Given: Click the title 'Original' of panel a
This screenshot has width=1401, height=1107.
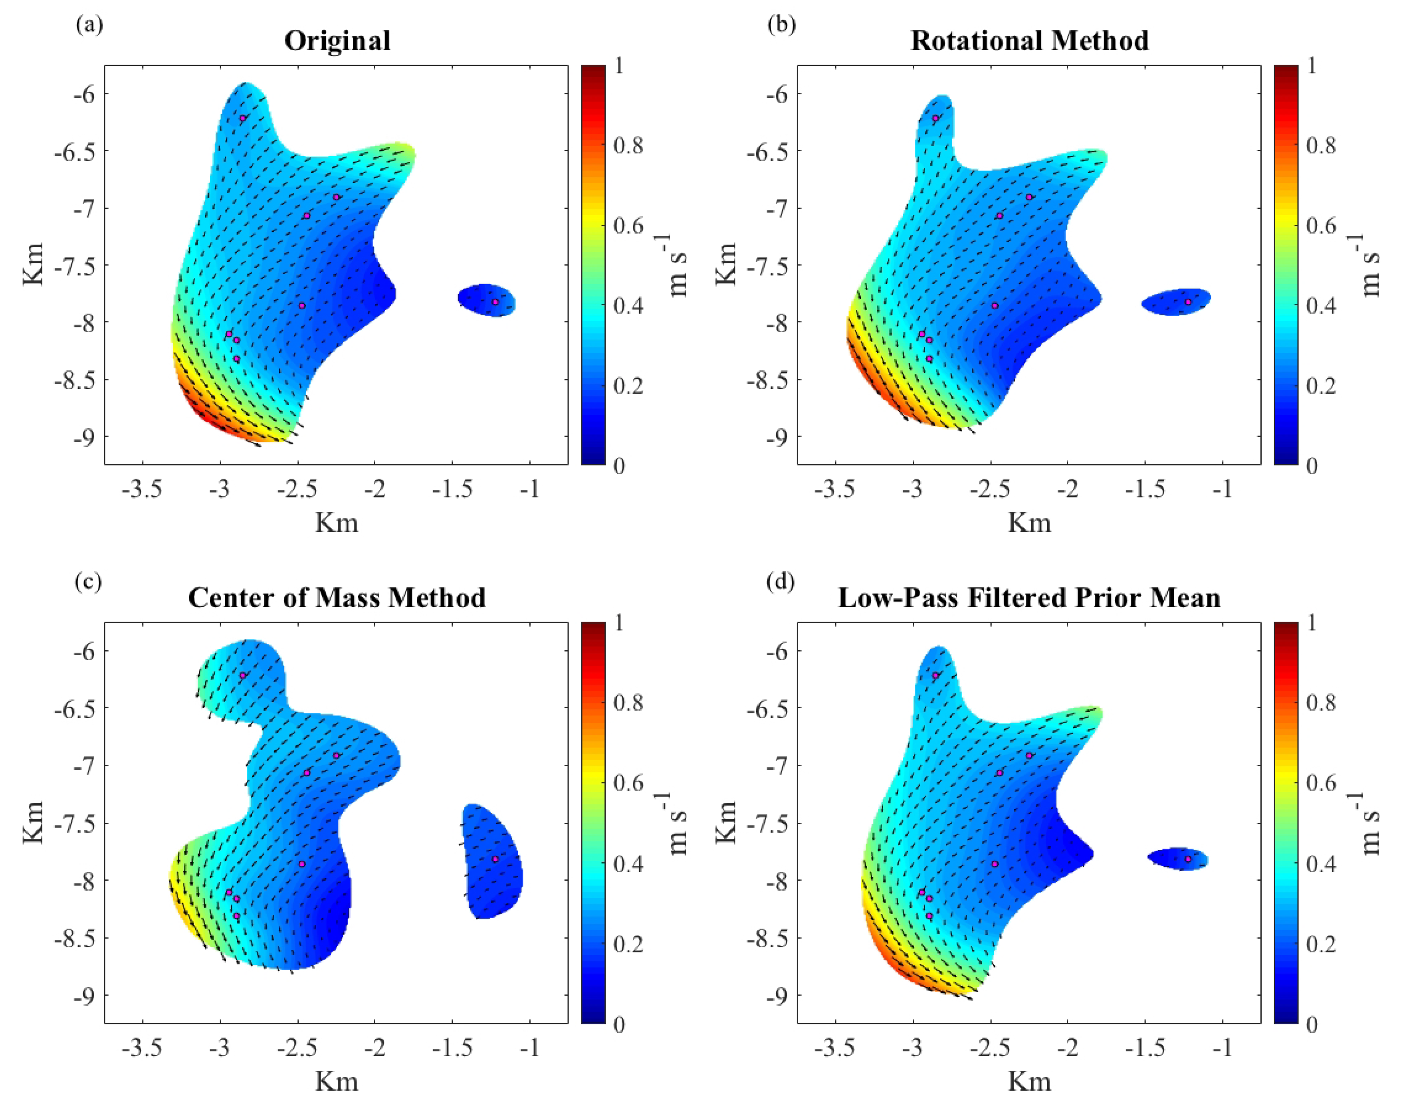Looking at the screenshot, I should point(337,41).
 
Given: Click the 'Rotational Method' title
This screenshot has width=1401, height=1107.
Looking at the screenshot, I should point(1030,41).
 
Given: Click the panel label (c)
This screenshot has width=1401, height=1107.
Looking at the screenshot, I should point(88,581).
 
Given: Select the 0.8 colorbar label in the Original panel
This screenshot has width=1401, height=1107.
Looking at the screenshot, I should point(628,146).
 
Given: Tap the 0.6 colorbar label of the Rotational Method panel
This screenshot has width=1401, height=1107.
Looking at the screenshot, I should point(1321,226).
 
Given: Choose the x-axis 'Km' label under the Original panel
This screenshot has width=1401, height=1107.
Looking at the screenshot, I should point(337,523).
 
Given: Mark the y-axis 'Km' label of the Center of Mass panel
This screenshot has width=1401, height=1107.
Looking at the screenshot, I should point(34,823).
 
